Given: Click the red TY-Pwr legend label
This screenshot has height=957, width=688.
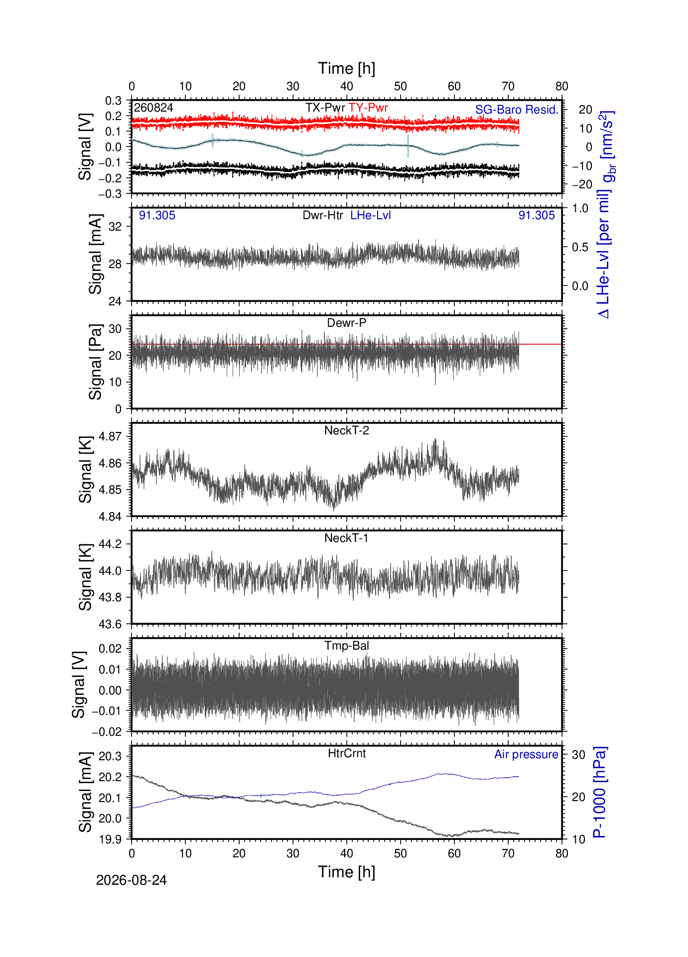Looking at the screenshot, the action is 368,108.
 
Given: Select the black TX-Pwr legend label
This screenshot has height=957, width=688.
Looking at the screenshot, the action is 325,108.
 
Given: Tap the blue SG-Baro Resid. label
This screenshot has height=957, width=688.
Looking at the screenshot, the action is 517,110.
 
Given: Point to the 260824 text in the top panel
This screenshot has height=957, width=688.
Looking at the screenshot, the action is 153,108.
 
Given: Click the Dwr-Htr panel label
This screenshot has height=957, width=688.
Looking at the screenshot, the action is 323,215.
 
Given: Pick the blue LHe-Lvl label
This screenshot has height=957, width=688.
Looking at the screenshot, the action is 371,215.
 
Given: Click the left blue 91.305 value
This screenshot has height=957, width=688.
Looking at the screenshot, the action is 157,215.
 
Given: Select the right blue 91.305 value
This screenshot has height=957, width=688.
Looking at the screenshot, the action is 537,215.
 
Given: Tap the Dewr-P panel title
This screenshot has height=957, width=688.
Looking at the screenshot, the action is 347,323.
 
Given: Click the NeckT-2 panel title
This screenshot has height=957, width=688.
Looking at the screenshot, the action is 347,430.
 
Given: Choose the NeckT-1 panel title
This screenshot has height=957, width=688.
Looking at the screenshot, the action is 347,538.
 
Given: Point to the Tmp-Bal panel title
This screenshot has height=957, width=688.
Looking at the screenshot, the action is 347,646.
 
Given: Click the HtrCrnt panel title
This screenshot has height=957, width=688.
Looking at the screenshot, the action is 347,753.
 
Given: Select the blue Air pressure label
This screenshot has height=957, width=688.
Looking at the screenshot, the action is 526,754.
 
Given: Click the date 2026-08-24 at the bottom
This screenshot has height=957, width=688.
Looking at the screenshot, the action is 132,880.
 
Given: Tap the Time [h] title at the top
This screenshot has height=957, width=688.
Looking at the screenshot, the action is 347,68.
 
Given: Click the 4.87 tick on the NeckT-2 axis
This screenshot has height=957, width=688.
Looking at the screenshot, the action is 110,436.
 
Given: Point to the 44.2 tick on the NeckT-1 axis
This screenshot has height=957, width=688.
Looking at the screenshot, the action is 110,544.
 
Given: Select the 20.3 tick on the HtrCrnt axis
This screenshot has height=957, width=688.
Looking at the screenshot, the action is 110,756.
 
